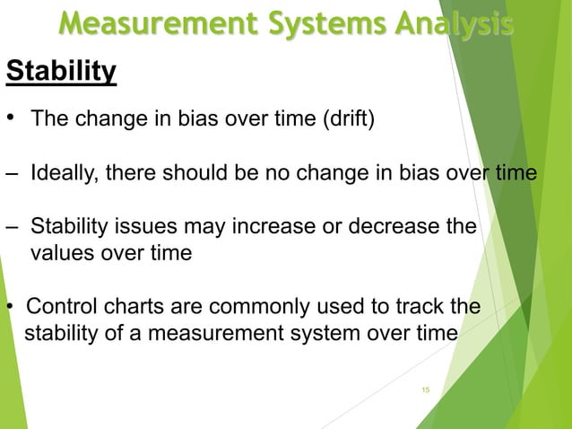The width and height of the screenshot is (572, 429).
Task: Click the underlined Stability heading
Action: pos(61,71)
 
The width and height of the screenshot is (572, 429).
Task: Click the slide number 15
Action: pos(426,390)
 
